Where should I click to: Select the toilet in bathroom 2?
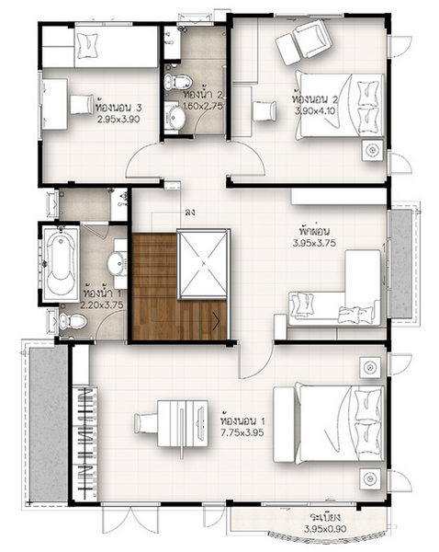point(178,82)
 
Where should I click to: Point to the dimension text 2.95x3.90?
point(118,120)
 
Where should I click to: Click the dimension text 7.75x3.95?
point(242,432)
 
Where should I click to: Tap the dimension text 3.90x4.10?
point(315,111)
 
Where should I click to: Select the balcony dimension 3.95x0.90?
point(325,528)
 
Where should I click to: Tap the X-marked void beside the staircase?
point(204,264)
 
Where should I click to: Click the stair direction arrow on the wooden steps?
point(216,321)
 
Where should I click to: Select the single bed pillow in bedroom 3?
point(86,45)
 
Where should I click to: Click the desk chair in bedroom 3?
point(82,104)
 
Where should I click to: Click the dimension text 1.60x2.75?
point(203,106)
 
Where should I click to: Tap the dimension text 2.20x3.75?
point(102,305)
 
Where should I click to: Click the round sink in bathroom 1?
point(116,262)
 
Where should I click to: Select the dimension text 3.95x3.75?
point(314,243)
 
